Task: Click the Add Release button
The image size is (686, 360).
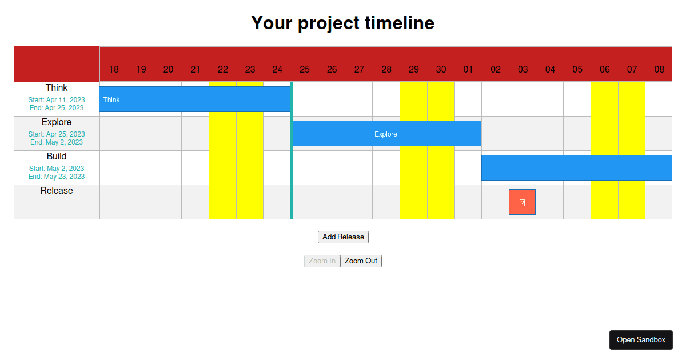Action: coord(343,237)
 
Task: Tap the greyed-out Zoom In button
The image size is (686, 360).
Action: coord(322,261)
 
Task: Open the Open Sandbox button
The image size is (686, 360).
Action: coord(641,340)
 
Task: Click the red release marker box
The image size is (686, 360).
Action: coord(523,202)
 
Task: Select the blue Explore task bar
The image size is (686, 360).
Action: coord(386,134)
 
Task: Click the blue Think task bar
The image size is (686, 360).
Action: coord(194,99)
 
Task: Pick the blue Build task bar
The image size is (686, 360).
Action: coord(576,168)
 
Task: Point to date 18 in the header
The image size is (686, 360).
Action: coord(114,70)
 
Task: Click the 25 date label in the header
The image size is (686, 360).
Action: coord(305,70)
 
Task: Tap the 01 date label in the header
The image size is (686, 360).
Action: coord(468,70)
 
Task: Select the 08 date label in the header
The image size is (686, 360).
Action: coord(659,70)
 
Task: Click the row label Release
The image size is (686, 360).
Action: coord(57,191)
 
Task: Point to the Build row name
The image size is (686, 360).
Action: coord(57,157)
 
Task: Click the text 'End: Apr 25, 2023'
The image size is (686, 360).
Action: coord(57,108)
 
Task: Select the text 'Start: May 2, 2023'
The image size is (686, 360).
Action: coord(57,169)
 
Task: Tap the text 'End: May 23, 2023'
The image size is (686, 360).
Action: coord(57,177)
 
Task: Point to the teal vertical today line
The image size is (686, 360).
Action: coord(292,171)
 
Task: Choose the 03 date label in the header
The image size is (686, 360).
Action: coord(523,70)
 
